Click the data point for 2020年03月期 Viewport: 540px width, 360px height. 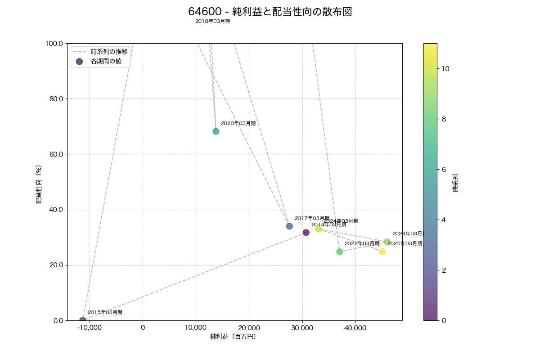pos(216,131)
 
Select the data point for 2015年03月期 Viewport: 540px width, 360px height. pos(83,320)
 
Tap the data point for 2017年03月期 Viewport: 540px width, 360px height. pos(289,226)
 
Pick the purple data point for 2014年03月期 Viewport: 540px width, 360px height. pos(306,233)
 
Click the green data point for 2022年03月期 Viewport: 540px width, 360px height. pos(340,252)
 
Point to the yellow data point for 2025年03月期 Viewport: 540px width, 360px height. pos(382,252)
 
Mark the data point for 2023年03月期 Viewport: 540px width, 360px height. pos(387,242)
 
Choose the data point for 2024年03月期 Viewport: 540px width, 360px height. pos(319,229)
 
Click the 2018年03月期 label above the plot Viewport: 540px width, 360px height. pos(212,21)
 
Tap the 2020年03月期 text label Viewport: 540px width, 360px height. pos(238,123)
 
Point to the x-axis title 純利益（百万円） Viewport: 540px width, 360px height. pos(233,337)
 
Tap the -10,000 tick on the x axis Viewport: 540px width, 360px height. pos(90,328)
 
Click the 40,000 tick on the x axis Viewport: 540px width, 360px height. pos(355,328)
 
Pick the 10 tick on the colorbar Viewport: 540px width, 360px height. pos(445,69)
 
